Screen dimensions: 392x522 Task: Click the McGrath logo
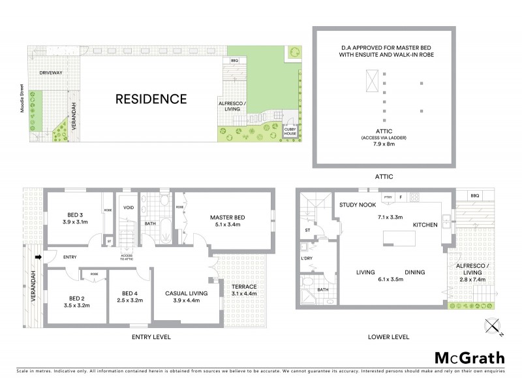[469, 357]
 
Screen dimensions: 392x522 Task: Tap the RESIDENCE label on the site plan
[151, 99]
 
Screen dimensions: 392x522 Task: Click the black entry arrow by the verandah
[39, 257]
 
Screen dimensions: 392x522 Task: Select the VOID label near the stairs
[129, 208]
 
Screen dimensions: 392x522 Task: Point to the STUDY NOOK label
[356, 205]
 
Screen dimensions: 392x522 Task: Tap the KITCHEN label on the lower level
[423, 225]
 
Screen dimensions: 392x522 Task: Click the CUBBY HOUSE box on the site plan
[290, 131]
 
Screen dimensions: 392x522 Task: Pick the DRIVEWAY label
[51, 73]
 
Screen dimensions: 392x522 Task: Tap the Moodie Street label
[22, 102]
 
